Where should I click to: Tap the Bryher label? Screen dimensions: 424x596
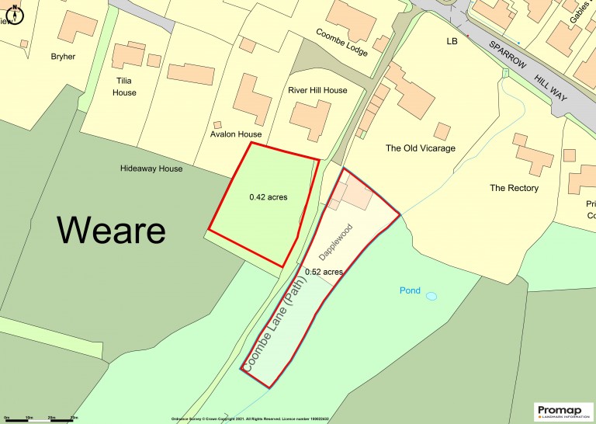[64, 57]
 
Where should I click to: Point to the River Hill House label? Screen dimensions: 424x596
[317, 90]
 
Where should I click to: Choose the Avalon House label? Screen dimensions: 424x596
[236, 134]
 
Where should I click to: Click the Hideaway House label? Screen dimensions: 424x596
[151, 169]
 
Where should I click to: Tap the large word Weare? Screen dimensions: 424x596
[112, 230]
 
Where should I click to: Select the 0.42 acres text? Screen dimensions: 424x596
[269, 197]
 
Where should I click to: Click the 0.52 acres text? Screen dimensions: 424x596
[324, 272]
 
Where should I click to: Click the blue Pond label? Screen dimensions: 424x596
[410, 291]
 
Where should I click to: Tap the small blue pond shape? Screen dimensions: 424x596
[431, 296]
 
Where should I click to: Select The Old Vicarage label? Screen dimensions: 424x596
[421, 148]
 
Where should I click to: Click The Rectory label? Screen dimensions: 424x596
[514, 188]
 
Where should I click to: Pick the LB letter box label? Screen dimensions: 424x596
[452, 40]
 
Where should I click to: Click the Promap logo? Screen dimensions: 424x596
[563, 410]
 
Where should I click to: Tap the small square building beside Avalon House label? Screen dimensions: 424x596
[217, 124]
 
